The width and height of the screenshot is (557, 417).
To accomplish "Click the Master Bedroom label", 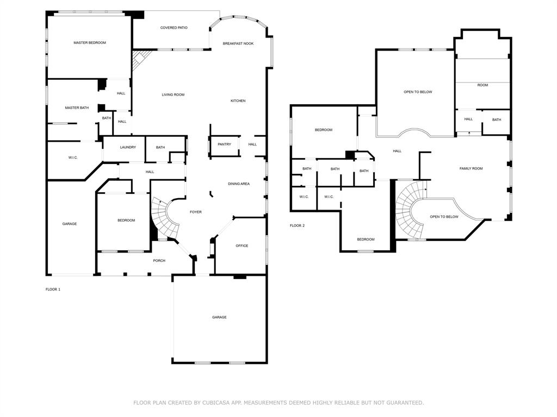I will pos(90,42).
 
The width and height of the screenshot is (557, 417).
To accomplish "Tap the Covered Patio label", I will pos(174,28).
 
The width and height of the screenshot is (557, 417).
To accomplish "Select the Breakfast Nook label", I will pos(238,43).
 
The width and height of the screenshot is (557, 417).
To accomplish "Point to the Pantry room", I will pos(224,144).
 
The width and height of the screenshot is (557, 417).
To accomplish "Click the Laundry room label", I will pos(128,147).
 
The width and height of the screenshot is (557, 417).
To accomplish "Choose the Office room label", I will pos(242,246).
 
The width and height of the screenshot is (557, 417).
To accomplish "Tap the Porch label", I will pos(159,261).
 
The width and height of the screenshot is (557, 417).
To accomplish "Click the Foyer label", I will pos(195,212).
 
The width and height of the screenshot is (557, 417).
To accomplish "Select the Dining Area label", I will pos(239,184).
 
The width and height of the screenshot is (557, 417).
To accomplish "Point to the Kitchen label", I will pos(238,101).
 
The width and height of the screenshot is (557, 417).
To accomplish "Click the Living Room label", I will pos(173,95).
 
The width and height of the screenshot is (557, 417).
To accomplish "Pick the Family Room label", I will pos(471,169).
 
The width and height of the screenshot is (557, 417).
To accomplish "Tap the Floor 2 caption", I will pos(297,225).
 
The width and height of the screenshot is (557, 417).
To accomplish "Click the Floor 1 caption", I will pos(53,289).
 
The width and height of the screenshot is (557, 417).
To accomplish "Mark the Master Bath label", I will pos(77,108).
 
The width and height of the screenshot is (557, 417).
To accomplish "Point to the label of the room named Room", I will pos(482,85).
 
